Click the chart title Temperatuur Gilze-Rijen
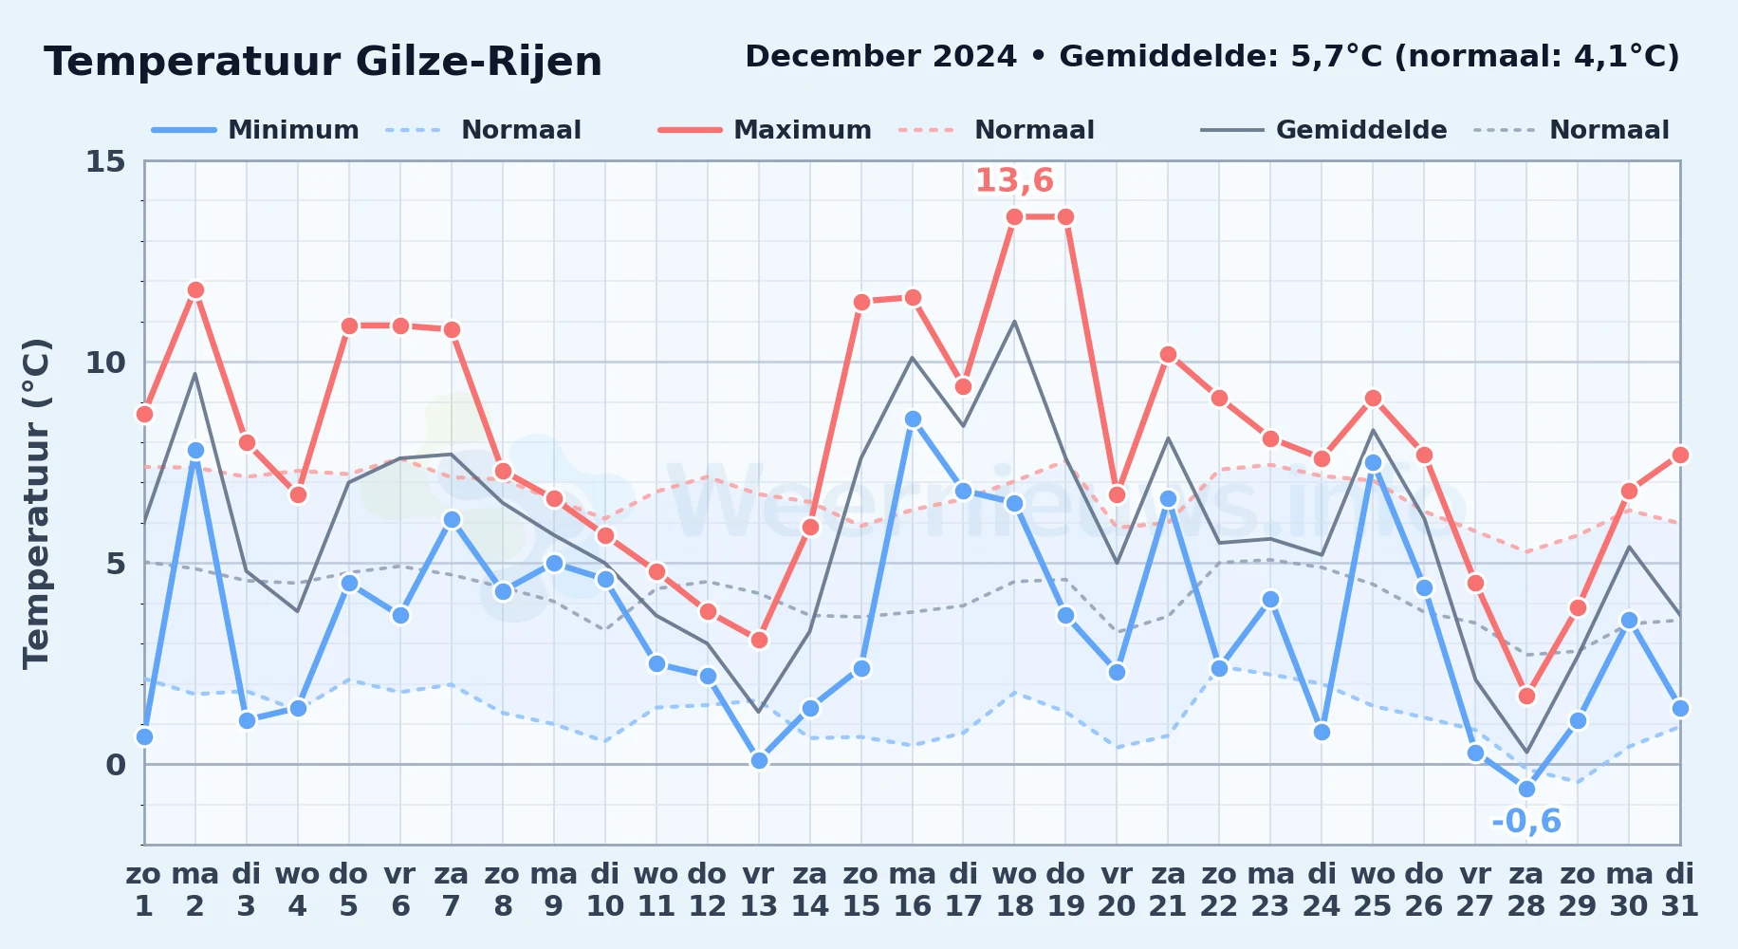(x=323, y=62)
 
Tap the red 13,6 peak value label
(x=1014, y=180)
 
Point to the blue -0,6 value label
(x=1525, y=821)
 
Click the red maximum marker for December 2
(x=195, y=289)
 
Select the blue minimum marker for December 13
(x=759, y=760)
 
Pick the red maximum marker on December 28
(x=1526, y=696)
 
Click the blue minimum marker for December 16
(x=913, y=419)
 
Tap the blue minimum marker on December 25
(x=1373, y=462)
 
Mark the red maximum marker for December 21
(x=1168, y=354)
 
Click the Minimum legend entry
(x=255, y=130)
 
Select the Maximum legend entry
(x=765, y=130)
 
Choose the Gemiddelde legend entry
(x=1324, y=130)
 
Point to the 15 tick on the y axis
(x=105, y=161)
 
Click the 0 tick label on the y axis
(x=116, y=765)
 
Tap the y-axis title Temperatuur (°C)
(x=36, y=503)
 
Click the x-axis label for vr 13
(x=759, y=890)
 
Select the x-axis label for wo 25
(x=1373, y=890)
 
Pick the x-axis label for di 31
(x=1680, y=890)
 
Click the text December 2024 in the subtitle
(x=880, y=57)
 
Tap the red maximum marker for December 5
(x=349, y=326)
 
